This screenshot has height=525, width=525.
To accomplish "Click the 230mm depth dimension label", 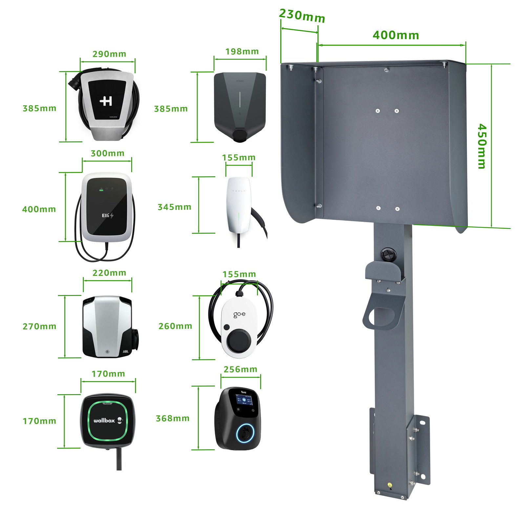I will pos(302,15).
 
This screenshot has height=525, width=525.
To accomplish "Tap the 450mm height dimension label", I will pos(481,146).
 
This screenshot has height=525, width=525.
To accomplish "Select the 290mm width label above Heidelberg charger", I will pos(109,54).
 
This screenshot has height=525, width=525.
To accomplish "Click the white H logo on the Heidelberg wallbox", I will pos(106,101).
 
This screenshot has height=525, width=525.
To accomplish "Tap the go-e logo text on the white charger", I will pos(239,315).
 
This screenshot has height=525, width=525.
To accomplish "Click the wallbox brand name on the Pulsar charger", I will pos(104,420).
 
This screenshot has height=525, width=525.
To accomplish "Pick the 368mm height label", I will pos(173,418).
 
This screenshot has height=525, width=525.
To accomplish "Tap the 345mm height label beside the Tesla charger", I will pos(174,207).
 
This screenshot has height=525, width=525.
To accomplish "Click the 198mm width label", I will pos(242,52).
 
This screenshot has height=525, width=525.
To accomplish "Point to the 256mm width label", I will pos(240,369).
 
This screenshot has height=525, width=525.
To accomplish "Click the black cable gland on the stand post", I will pos(388,254).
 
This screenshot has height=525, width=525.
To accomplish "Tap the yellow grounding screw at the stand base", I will pos(389,484).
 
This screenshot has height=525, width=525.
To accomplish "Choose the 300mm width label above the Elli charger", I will pos(108,153).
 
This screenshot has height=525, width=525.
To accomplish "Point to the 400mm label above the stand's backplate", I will pos(396,35).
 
